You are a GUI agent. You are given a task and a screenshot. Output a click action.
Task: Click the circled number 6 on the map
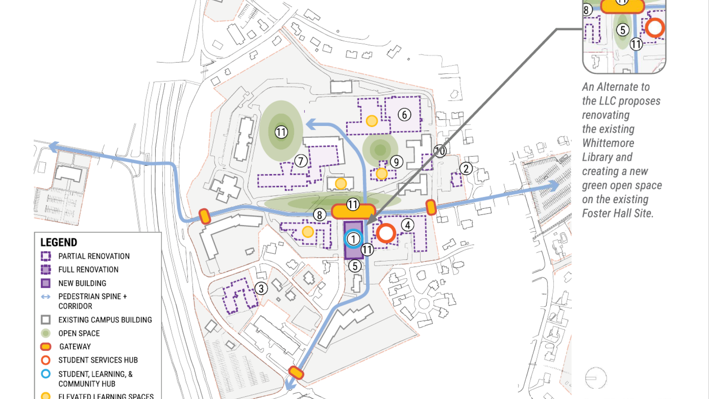[x=404, y=115]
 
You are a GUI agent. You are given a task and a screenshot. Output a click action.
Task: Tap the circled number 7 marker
[x=301, y=161]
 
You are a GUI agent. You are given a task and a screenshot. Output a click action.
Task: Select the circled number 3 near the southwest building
[x=261, y=289]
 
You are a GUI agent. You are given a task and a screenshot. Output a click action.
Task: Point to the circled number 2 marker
[x=466, y=169]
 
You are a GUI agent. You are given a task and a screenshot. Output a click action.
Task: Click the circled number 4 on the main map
[x=407, y=225]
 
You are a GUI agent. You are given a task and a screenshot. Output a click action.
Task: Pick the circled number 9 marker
[x=396, y=162]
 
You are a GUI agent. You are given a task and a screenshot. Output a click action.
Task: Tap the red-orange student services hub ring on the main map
[x=386, y=233]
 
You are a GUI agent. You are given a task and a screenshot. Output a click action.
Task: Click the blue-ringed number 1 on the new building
[x=353, y=239]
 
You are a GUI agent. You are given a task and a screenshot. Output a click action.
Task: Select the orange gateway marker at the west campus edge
[x=205, y=216]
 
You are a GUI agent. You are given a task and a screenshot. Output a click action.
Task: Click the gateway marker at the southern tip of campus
[x=296, y=372]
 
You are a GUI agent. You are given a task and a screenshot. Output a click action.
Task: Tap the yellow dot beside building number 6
[x=371, y=121]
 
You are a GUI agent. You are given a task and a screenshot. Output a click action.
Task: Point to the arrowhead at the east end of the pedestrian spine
[x=554, y=185]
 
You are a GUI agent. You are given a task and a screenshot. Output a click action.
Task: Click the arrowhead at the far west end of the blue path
[x=54, y=146]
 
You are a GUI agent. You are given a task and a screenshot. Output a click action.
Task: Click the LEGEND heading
[x=59, y=242]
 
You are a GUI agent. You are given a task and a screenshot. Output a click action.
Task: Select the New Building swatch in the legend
[x=45, y=283]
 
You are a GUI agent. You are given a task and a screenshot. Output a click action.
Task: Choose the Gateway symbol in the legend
[x=45, y=347]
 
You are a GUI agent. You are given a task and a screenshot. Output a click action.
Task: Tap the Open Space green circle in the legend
[x=45, y=333]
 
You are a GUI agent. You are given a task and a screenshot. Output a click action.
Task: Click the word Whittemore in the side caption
[x=608, y=143]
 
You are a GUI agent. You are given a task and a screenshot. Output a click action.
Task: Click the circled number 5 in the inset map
[x=623, y=30]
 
